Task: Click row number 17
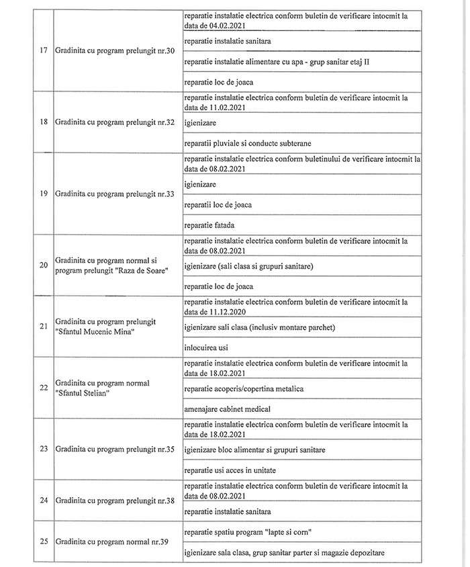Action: (x=43, y=52)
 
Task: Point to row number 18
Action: (x=43, y=123)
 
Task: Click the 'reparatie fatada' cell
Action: (x=208, y=225)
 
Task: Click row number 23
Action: (x=43, y=448)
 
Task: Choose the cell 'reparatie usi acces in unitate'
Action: (x=230, y=469)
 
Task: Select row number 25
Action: (x=43, y=541)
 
